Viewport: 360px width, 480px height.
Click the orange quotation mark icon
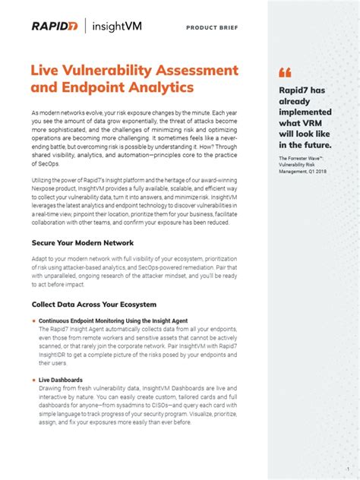pos(285,73)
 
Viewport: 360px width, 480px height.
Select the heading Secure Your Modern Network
pos(83,243)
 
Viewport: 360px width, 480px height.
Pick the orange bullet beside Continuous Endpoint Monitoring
pos(33,321)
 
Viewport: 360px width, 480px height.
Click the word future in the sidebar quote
pos(314,144)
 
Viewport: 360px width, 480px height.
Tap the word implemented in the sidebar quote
pos(307,112)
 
